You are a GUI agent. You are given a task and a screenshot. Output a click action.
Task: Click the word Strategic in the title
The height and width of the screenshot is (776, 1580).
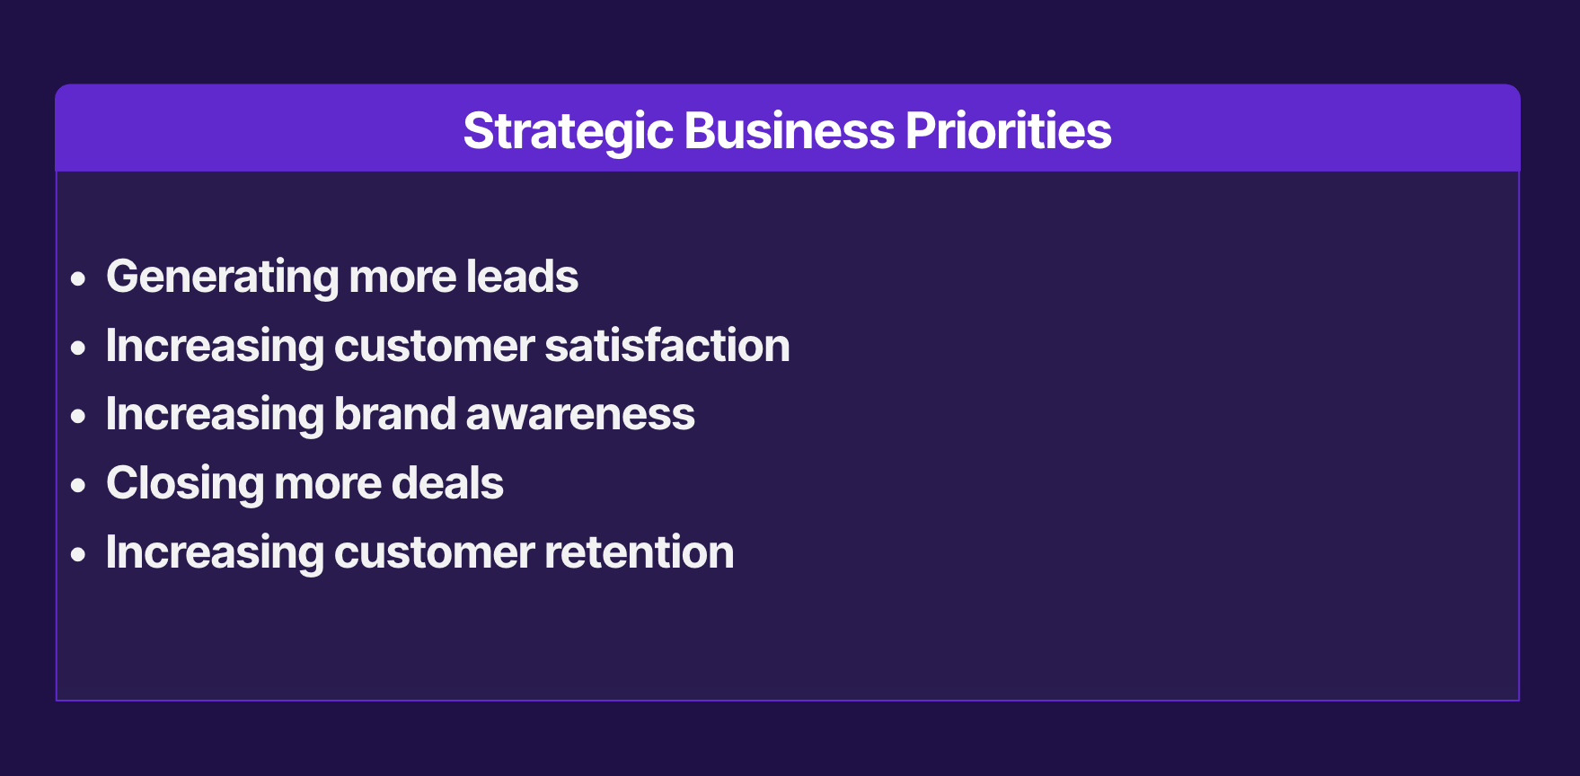click(x=568, y=132)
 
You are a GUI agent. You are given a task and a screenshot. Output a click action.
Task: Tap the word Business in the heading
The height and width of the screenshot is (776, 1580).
click(x=790, y=130)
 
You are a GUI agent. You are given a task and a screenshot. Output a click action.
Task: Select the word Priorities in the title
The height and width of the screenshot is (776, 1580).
click(x=1009, y=130)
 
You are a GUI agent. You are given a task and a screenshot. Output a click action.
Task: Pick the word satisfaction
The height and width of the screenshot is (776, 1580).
click(x=667, y=346)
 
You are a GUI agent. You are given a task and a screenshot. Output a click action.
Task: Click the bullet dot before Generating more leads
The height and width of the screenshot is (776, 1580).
click(x=79, y=279)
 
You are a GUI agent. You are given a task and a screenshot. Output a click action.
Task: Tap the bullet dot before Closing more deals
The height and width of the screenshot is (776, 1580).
click(x=79, y=486)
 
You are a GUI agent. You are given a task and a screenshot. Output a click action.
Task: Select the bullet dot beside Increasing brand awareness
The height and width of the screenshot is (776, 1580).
click(x=79, y=417)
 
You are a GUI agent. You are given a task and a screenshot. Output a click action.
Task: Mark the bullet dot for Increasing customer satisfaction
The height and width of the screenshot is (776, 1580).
click(x=79, y=348)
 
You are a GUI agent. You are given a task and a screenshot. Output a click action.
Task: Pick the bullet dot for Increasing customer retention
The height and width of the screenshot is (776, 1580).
click(x=79, y=555)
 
